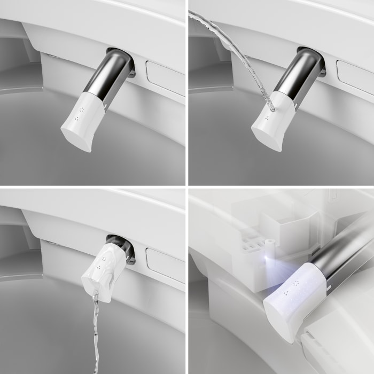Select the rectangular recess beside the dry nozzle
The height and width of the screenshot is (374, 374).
166,77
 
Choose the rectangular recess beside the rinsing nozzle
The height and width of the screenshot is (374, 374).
166,264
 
